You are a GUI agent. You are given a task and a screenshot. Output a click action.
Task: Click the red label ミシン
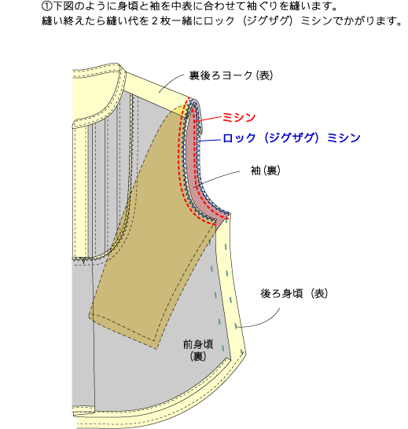tap(239, 117)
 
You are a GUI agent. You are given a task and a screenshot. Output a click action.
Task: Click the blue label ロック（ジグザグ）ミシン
tap(292, 137)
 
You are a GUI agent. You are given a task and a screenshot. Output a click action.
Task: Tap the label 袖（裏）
tap(266, 170)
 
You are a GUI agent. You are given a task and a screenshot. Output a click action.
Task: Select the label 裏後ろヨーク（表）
tap(231, 75)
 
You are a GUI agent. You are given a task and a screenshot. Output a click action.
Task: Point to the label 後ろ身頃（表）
tap(294, 294)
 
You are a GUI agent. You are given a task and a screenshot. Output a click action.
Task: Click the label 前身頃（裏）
tap(198, 350)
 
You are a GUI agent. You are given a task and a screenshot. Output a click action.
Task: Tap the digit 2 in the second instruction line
tap(155, 21)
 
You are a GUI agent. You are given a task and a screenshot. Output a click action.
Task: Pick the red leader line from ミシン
tap(209, 119)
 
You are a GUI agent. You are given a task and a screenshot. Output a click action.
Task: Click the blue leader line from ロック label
tap(211, 141)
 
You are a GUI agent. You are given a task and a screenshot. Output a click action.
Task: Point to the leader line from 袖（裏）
tap(216, 178)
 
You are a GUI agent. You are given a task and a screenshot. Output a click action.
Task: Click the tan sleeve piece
tap(153, 233)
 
